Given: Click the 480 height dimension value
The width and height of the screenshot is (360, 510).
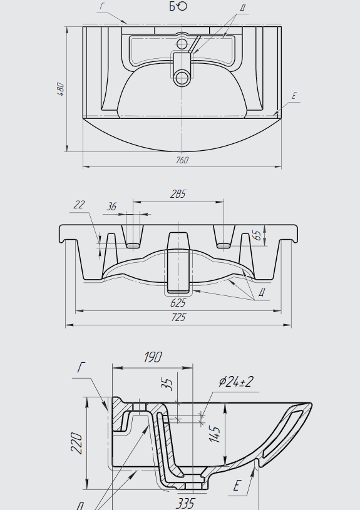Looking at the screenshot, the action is click(x=61, y=89).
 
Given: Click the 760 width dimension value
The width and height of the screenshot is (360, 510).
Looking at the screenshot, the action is click(x=182, y=160).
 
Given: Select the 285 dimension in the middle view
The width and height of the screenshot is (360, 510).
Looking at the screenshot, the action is click(x=178, y=194).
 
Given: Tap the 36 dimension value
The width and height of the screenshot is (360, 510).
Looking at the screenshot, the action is click(x=111, y=207).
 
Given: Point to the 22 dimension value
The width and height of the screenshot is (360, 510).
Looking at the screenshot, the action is click(x=79, y=205).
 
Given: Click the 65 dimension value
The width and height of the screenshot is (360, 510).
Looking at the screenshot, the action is click(x=257, y=235).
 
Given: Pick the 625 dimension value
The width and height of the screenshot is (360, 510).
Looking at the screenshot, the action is click(x=178, y=303).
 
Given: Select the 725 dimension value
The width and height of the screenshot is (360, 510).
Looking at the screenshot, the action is click(x=178, y=317).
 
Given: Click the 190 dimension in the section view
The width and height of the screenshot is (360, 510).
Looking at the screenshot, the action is click(x=153, y=357).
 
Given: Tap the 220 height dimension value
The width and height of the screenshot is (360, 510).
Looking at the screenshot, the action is click(x=77, y=442).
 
